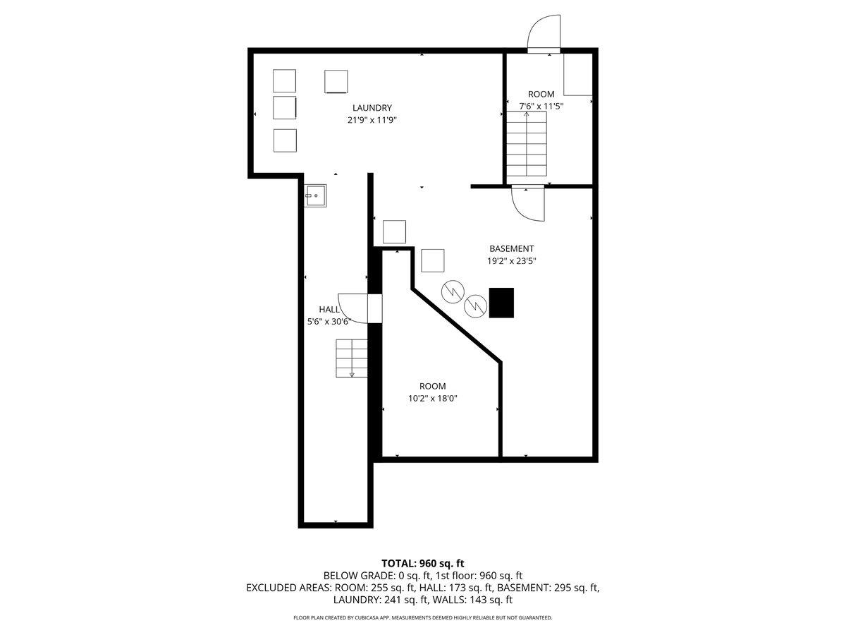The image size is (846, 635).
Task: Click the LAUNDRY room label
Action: pos(372,108)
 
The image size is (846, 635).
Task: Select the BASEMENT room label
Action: pos(511,248)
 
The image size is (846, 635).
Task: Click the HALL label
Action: pos(329,309)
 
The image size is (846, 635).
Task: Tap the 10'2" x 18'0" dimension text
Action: pos(432,398)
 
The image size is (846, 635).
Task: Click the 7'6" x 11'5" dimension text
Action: pos(541,106)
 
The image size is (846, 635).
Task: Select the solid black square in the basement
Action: pos(502,303)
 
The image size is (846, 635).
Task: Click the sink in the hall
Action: pos(316,195)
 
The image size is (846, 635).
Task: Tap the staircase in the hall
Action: pos(352,358)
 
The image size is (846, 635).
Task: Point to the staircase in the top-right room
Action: pos(527,144)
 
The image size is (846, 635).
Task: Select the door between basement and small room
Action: pos(527,205)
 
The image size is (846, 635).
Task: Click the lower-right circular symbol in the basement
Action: pos(477,305)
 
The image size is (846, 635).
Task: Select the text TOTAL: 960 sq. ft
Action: pos(422,563)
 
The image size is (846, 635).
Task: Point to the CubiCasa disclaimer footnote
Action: pos(422,617)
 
